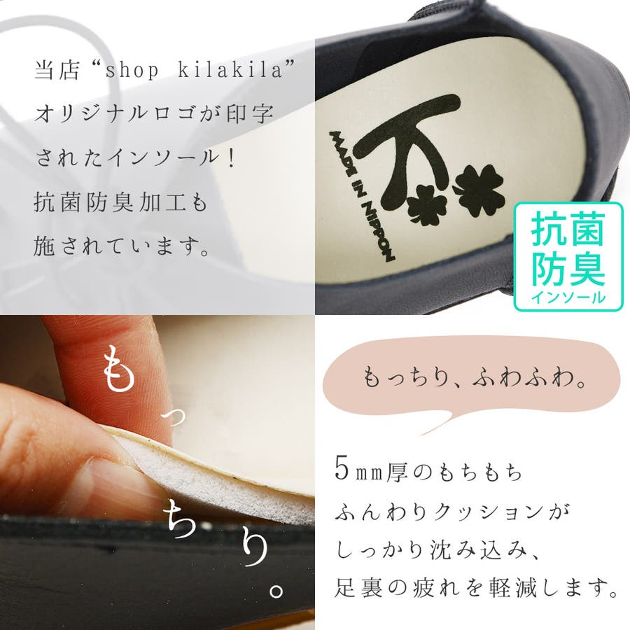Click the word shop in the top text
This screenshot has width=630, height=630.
point(132,70)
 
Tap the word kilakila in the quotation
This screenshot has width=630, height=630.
point(230,69)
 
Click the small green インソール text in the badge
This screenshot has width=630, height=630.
point(568,297)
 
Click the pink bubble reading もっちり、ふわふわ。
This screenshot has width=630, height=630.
point(472,374)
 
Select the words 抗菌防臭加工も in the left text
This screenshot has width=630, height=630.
point(120,202)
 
